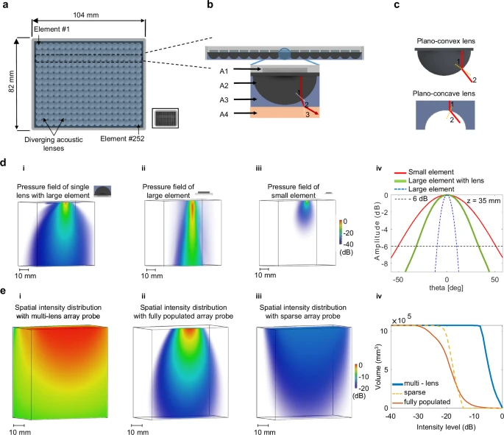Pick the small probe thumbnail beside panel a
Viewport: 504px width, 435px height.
point(165,117)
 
